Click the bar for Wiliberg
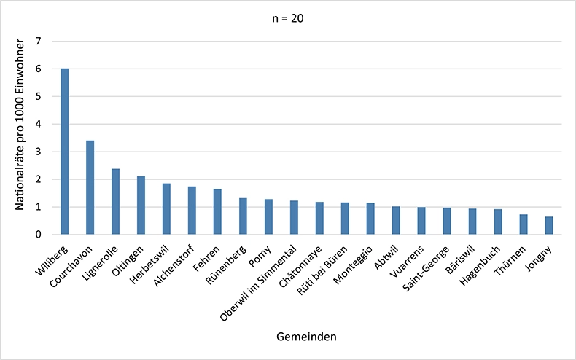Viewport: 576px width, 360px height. tap(65, 152)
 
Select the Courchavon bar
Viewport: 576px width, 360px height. tap(90, 187)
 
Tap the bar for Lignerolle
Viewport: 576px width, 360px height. tap(116, 202)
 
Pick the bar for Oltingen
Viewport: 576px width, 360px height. tap(141, 206)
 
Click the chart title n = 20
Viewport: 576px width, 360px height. tap(288, 20)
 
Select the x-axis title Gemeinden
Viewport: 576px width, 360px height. tap(306, 337)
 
